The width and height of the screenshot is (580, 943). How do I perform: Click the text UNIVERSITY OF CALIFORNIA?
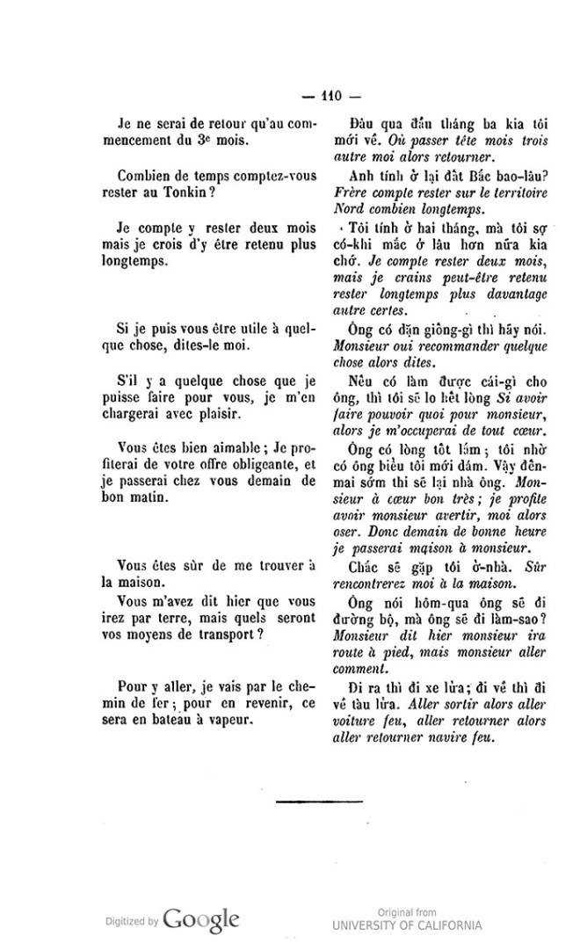[407, 925]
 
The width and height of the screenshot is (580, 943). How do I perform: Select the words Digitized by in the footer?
[131, 922]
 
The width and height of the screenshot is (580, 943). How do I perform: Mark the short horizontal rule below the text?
[308, 801]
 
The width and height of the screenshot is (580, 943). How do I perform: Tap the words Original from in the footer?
[406, 911]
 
